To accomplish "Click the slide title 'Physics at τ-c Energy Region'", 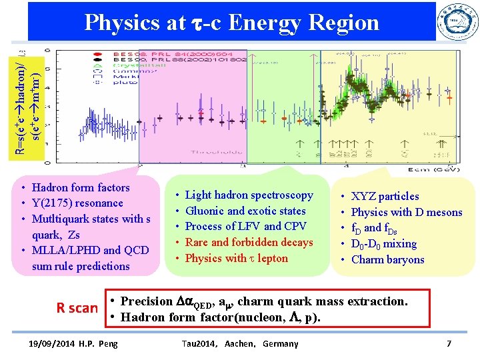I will tap(231, 23).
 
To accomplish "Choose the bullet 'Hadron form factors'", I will tap(81, 187).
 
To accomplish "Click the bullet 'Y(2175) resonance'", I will tap(77, 203).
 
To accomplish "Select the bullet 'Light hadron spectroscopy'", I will tap(249, 195).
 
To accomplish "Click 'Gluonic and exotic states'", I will tap(245, 211).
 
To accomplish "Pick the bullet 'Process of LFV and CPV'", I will tap(245, 227).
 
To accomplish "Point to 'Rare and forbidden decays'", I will tap(249, 242).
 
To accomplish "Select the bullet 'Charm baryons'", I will tap(387, 259).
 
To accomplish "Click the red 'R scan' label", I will tap(77, 308).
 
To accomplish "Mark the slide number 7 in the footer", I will tap(449, 343).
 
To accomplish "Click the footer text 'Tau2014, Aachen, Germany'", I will tap(239, 343).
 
